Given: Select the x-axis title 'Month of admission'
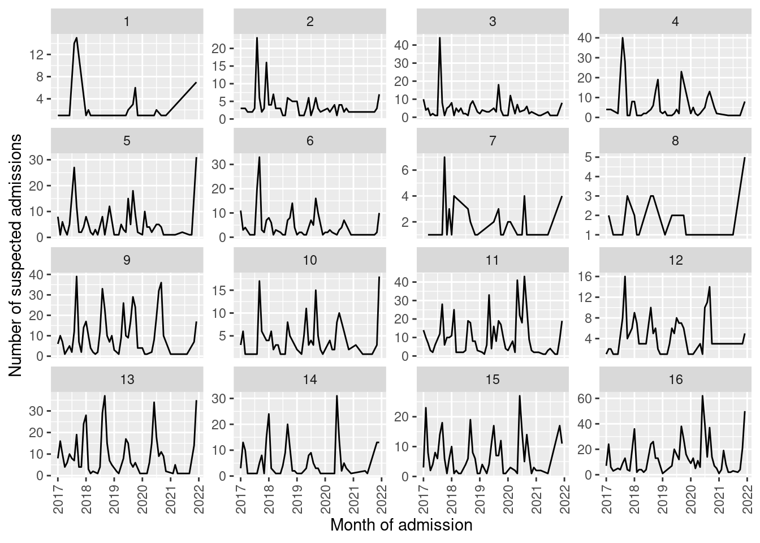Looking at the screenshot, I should pos(401,525).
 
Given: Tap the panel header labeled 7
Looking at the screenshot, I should pos(493,141).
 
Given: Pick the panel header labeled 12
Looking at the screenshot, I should pos(676,260).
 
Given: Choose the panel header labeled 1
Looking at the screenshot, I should pos(127,22).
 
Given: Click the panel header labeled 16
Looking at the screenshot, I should pos(676,380).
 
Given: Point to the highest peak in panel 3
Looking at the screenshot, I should pos(440,38).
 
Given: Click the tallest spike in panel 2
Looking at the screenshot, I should pos(257,38).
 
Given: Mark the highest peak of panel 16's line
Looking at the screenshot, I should pos(702,396).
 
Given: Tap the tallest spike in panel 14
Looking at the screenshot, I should pos(336,396).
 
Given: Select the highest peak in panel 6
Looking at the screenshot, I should pos(259,157).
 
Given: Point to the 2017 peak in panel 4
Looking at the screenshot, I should pos(623,38).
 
